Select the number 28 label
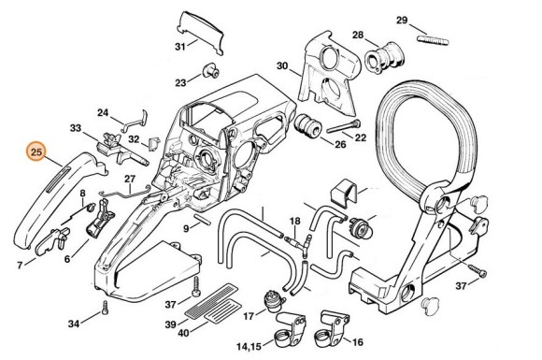357,36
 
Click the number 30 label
281,65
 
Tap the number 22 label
361,137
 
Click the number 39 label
170,323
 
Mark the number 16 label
358,342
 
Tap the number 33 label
75,128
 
